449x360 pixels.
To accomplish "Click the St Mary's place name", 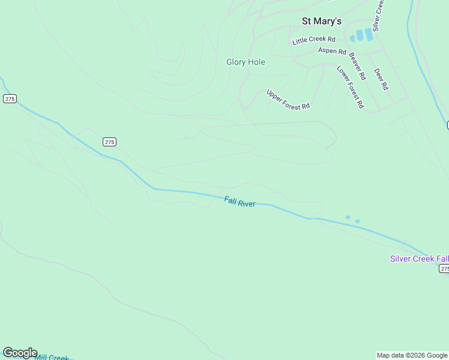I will pyautogui.click(x=321, y=21).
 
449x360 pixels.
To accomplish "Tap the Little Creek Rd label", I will pyautogui.click(x=313, y=40).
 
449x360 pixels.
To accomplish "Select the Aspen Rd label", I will pyautogui.click(x=332, y=52).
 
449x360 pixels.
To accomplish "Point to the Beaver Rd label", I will pyautogui.click(x=357, y=67).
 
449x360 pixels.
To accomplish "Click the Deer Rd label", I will pyautogui.click(x=381, y=79).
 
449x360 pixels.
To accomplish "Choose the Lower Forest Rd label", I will pyautogui.click(x=350, y=86).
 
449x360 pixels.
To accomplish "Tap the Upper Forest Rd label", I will pyautogui.click(x=288, y=99).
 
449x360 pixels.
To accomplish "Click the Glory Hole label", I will pyautogui.click(x=246, y=62).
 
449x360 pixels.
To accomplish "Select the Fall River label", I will pyautogui.click(x=240, y=202).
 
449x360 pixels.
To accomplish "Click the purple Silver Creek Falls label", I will pyautogui.click(x=419, y=259).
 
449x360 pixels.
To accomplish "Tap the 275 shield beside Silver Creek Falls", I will pyautogui.click(x=443, y=269).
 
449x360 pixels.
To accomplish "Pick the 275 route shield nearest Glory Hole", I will pyautogui.click(x=109, y=142).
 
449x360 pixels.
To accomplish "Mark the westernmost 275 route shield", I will pyautogui.click(x=9, y=98).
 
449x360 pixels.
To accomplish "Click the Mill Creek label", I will pyautogui.click(x=52, y=358).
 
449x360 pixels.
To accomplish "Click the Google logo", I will pyautogui.click(x=20, y=353).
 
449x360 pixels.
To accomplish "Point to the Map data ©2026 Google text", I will pyautogui.click(x=412, y=355).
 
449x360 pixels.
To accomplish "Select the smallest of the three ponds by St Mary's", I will pyautogui.click(x=352, y=39).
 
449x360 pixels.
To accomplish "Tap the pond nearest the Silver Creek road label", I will pyautogui.click(x=369, y=34).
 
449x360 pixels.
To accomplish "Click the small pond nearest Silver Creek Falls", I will pyautogui.click(x=357, y=221).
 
